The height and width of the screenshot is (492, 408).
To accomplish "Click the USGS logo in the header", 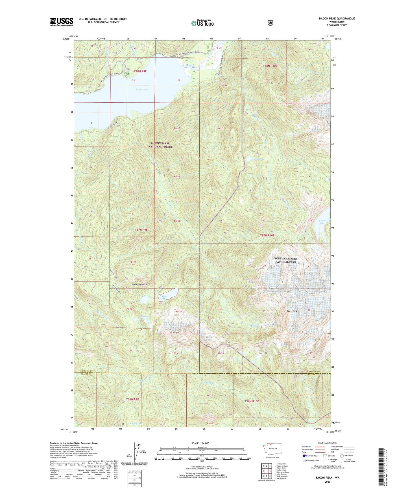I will (62, 22).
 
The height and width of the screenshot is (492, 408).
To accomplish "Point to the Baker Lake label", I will (141, 90).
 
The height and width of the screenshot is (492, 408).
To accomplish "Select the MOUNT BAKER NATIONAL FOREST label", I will (160, 145).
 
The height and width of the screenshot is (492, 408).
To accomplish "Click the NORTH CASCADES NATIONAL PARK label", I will (286, 260).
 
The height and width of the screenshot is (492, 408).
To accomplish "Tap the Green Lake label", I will (322, 222).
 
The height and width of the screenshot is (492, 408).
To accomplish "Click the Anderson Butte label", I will (139, 285).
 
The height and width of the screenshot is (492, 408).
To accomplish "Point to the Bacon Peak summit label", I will (292, 311).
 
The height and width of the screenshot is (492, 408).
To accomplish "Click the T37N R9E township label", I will (141, 230).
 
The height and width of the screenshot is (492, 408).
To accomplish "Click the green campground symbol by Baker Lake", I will (128, 74).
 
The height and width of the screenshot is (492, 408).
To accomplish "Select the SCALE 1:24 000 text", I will (200, 443).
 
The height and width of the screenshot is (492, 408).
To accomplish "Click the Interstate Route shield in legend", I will (304, 456).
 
